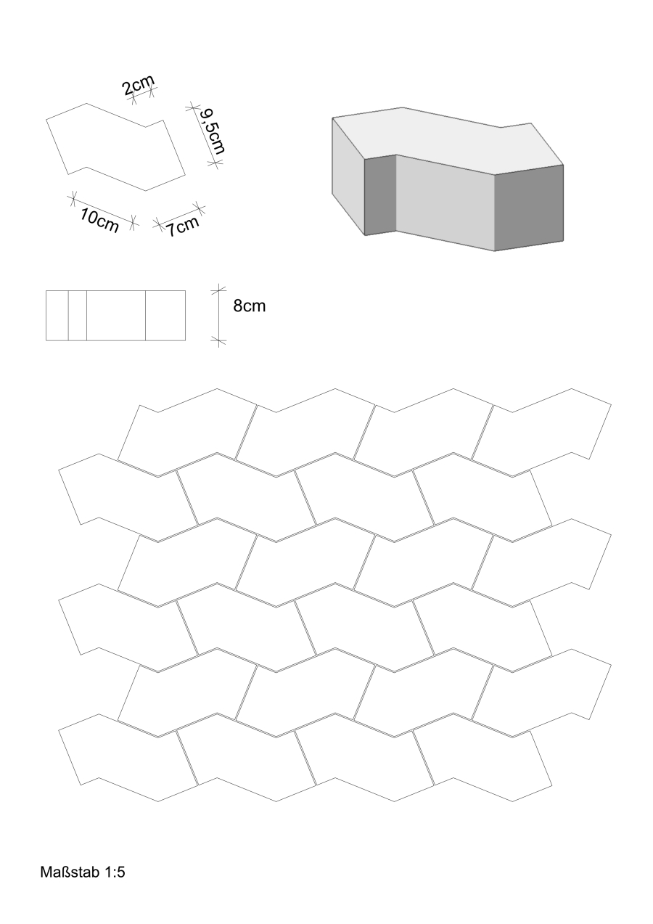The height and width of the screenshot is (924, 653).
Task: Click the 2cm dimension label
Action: click(x=138, y=86)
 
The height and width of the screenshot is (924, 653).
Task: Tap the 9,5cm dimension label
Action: click(x=211, y=131)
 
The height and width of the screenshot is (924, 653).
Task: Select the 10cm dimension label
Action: click(x=99, y=220)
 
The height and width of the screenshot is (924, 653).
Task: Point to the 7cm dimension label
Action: click(x=183, y=226)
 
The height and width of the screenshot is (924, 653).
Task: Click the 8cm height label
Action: click(x=249, y=306)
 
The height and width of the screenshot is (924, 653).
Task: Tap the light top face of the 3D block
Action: click(x=447, y=138)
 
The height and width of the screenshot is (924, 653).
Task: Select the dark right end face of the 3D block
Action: click(x=529, y=208)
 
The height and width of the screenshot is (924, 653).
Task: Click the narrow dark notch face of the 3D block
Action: click(x=380, y=195)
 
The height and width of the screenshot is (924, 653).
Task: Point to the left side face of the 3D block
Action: click(x=348, y=176)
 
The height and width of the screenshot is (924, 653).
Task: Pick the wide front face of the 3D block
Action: click(x=445, y=202)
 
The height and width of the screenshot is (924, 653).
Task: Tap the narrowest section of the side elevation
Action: click(x=78, y=316)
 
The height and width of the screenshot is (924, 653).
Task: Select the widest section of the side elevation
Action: click(x=116, y=316)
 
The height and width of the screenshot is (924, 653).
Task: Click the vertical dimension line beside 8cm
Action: click(x=218, y=316)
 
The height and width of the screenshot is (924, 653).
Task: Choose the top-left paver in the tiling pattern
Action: click(x=188, y=433)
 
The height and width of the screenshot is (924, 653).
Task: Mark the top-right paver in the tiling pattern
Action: click(x=541, y=433)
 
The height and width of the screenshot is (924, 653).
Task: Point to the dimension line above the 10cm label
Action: click(x=102, y=210)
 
